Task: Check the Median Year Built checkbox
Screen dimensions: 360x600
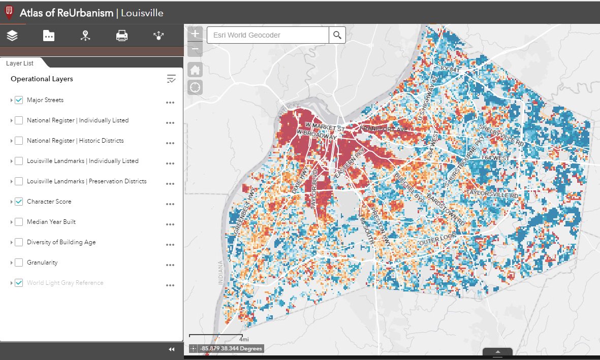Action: click(x=19, y=222)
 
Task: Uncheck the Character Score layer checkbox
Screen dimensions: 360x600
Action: click(x=19, y=202)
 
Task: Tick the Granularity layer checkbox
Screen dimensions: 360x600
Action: click(x=19, y=263)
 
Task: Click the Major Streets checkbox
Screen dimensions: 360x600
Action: click(x=19, y=100)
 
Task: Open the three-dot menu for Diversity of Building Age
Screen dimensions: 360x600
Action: click(x=170, y=244)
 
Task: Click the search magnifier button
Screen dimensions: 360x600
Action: click(x=337, y=35)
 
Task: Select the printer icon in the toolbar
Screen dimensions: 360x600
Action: click(x=122, y=36)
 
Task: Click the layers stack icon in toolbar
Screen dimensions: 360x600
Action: click(x=12, y=36)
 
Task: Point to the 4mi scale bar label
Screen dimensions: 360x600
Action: click(x=244, y=339)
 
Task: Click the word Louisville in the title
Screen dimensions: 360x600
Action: click(x=142, y=13)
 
